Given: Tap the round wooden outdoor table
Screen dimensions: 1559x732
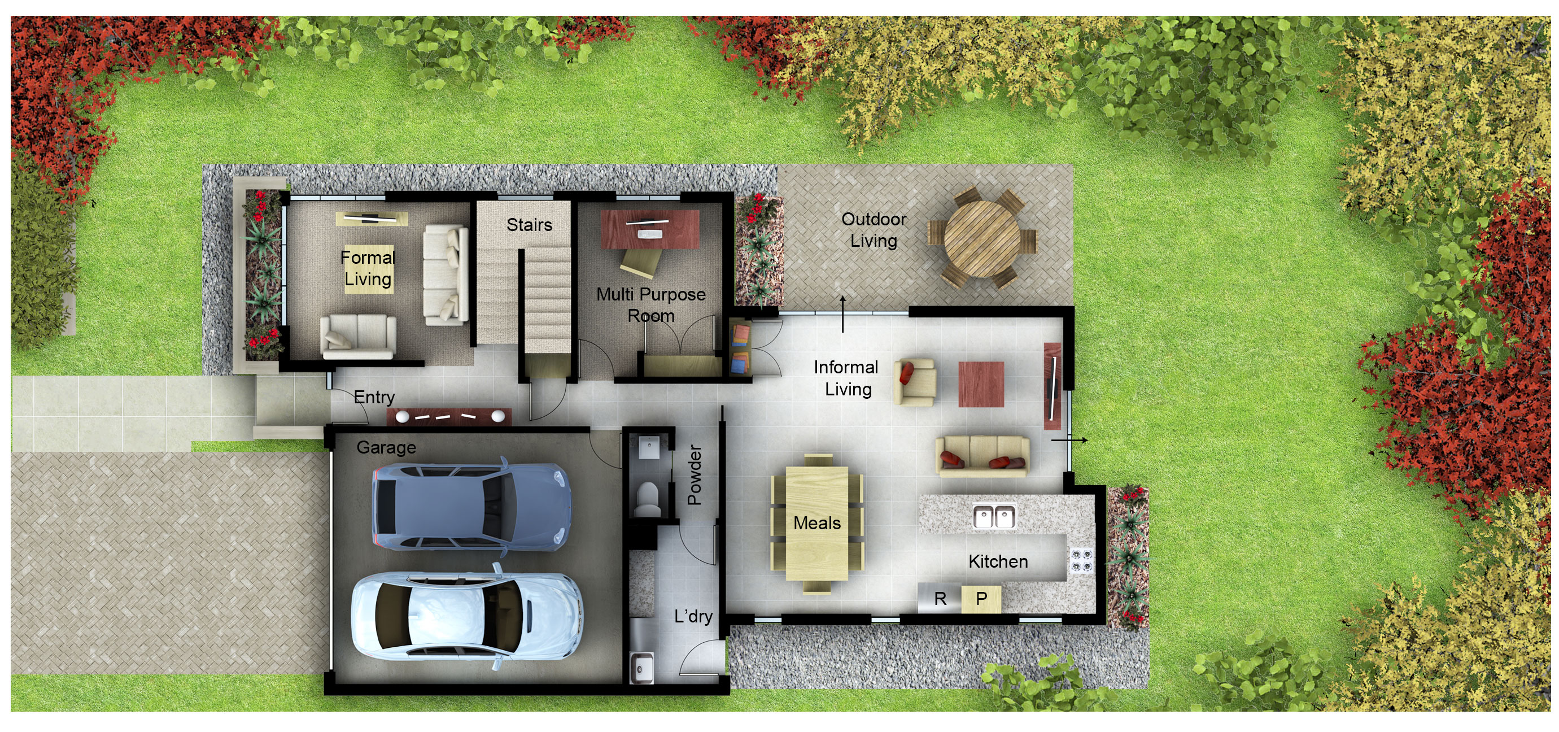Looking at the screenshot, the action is (x=981, y=237).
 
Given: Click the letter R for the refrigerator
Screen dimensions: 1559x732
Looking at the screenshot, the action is (x=940, y=599).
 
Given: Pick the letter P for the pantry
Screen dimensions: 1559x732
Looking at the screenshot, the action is (x=981, y=598).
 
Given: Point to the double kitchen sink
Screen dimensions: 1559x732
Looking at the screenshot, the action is (x=994, y=516).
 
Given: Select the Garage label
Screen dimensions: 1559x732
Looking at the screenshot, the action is (x=386, y=447).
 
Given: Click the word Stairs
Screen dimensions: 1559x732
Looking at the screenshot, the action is (x=529, y=225).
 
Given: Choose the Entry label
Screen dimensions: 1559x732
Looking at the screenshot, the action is (x=374, y=397).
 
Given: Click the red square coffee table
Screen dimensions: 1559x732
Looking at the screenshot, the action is (x=981, y=384).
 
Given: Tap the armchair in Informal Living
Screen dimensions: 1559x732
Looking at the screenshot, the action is (x=915, y=381).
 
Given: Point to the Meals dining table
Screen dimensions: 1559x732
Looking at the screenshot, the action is (x=816, y=522).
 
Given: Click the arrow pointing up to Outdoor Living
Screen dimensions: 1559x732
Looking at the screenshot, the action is (x=842, y=313).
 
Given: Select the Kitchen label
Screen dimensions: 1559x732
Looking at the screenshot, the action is (x=998, y=561).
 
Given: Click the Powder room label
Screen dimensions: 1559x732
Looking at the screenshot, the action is (x=694, y=475).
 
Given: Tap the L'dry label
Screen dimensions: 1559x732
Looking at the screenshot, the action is (x=693, y=616).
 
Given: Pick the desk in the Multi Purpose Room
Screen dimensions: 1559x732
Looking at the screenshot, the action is (x=649, y=229).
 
